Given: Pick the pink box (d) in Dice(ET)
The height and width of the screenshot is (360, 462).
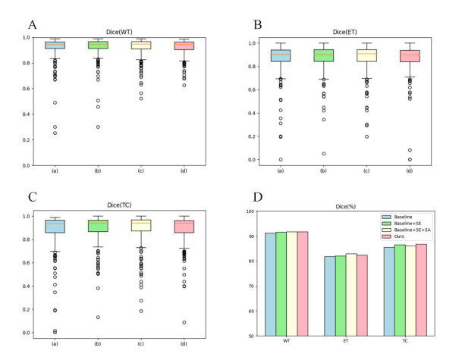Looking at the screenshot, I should [x=412, y=55].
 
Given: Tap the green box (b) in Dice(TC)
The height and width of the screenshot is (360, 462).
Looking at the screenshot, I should [x=98, y=226].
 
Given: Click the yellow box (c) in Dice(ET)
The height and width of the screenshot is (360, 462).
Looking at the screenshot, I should [x=367, y=55].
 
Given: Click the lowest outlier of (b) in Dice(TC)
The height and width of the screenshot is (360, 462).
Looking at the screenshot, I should [x=98, y=318].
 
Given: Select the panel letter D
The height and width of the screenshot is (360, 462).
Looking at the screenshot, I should [x=258, y=199].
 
